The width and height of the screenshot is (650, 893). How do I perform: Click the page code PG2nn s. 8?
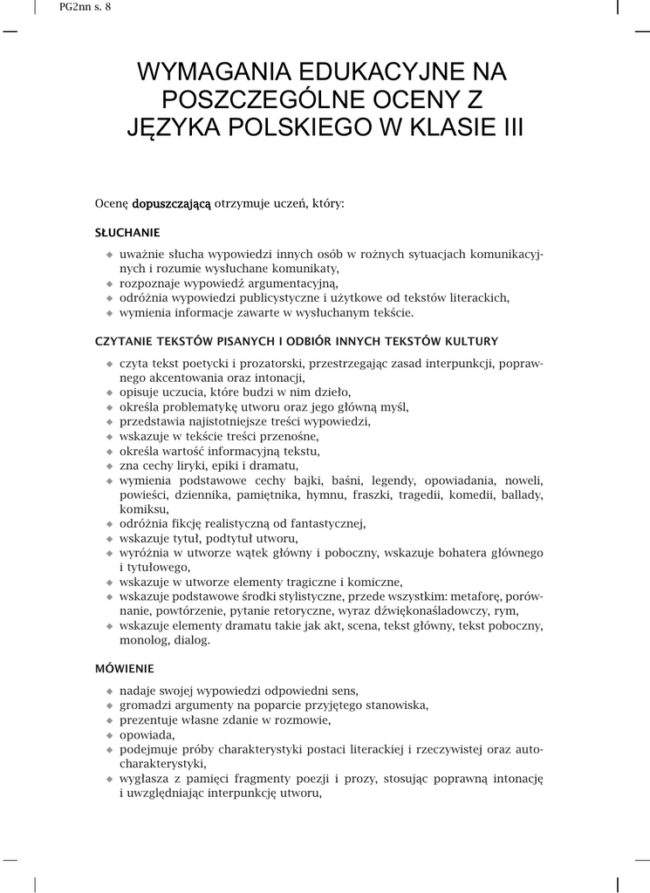tap(86, 7)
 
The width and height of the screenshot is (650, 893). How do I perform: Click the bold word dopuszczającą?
tap(172, 204)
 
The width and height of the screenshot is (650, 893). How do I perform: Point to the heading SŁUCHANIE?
tap(127, 233)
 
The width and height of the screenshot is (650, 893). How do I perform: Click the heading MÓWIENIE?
tap(124, 669)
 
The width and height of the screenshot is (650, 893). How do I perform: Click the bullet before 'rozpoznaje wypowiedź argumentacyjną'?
tap(110, 283)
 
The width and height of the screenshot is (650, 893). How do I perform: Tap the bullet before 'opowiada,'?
tap(110, 735)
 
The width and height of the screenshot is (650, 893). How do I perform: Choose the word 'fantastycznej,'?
tap(324, 524)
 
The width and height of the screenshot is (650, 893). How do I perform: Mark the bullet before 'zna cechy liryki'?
tap(110, 466)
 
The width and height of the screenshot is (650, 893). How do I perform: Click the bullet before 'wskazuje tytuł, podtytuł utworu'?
tap(110, 539)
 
